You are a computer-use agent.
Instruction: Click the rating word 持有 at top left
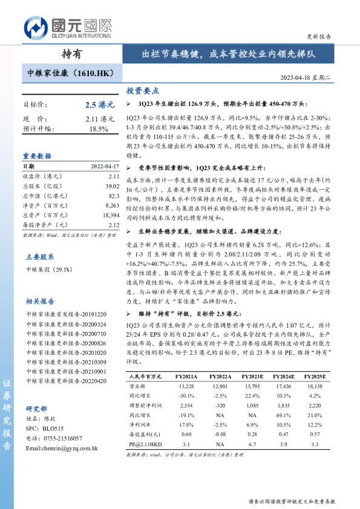click(72, 54)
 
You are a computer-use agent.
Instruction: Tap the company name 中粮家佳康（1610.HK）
click(71, 74)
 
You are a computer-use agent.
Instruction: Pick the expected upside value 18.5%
click(99, 129)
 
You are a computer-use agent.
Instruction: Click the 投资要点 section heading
click(142, 91)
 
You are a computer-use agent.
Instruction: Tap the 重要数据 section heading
click(37, 155)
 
